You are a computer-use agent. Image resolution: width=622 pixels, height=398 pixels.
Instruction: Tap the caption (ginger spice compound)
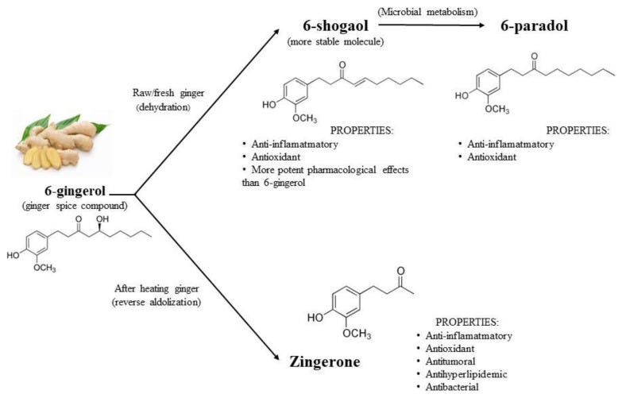pyautogui.click(x=77, y=207)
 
